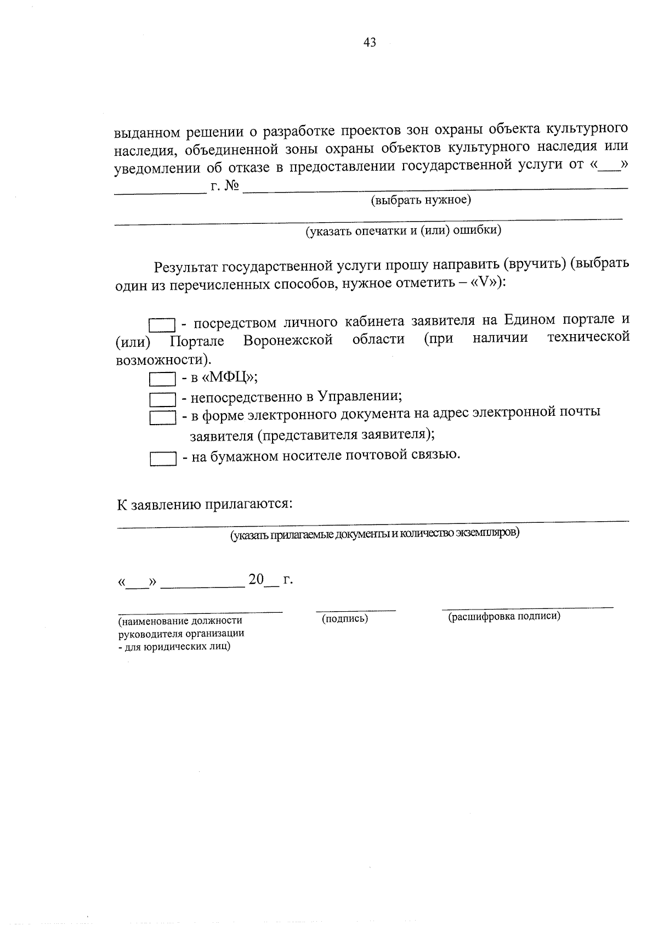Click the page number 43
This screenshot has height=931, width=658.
point(369,43)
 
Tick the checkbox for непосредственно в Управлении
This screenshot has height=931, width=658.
point(162,399)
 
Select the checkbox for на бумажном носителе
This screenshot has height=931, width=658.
point(162,459)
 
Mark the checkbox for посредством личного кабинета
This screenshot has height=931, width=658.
point(162,325)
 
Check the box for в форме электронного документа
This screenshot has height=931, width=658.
point(162,418)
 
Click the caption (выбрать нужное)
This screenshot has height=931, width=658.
point(421,200)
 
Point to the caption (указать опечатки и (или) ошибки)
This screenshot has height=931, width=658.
point(403,230)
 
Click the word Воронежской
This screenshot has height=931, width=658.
point(288,340)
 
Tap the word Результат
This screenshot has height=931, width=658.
point(186,267)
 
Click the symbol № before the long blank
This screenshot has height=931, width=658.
point(232,187)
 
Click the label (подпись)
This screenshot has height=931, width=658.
point(345,619)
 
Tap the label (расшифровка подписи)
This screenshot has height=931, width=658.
point(504,616)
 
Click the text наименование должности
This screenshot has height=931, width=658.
point(180,621)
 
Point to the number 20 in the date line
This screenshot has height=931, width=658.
point(256,579)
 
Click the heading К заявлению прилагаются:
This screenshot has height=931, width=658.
point(204,504)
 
